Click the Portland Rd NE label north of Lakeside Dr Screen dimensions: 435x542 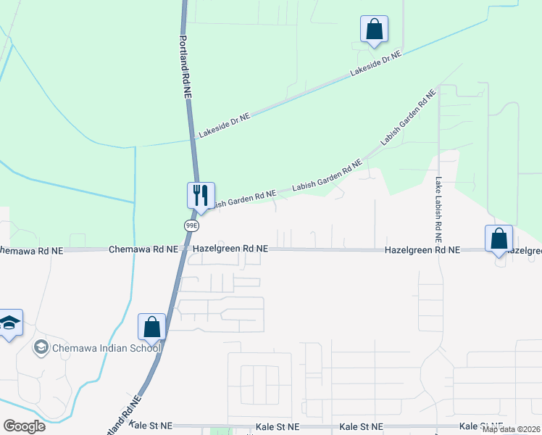[x=185, y=67]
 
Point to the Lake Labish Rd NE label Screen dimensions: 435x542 [x=438, y=210]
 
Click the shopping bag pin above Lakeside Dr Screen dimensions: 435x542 [x=374, y=30]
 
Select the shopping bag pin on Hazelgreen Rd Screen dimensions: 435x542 [x=499, y=239]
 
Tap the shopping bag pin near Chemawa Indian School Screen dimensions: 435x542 [x=152, y=327]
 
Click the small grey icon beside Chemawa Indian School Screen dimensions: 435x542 [x=41, y=348]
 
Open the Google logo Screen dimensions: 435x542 [x=24, y=426]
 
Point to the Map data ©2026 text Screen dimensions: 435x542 [x=511, y=429]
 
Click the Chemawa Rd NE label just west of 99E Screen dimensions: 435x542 [x=143, y=249]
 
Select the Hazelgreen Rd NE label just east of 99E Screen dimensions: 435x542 [x=230, y=249]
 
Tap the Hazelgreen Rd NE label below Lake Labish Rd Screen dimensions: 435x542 [x=422, y=249]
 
